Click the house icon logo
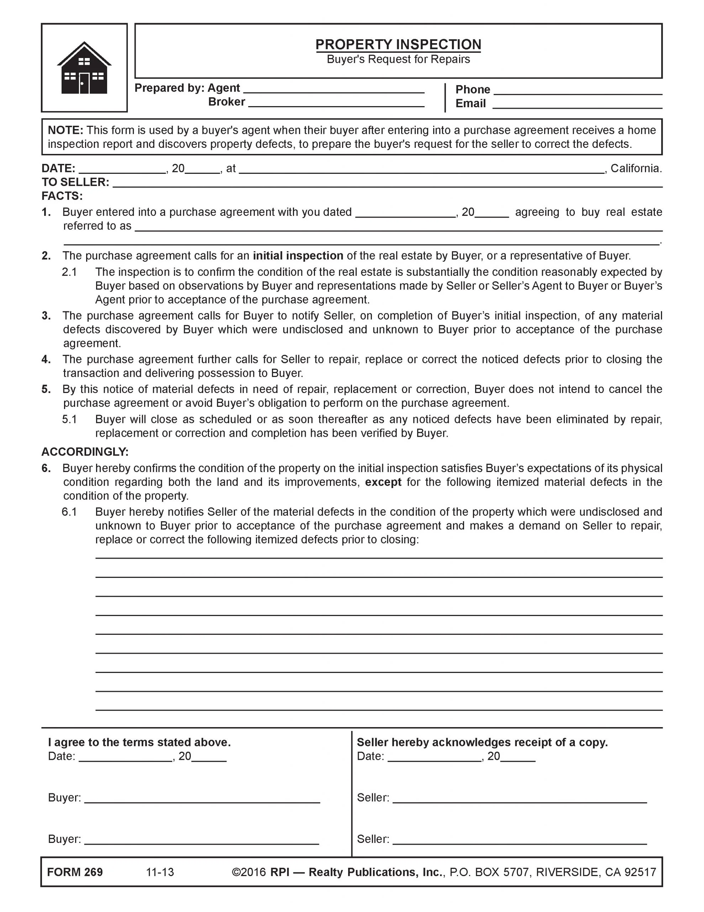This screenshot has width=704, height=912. coord(84,68)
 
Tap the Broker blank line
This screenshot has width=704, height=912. coord(336,105)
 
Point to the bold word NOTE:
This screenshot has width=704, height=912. coord(65,130)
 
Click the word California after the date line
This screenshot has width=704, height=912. coord(636,168)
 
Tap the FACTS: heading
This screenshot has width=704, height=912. coord(62,196)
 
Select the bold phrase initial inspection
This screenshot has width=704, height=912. coord(298,255)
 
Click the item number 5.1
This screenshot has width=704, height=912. coord(69,419)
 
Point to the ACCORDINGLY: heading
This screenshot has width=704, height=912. coord(85,452)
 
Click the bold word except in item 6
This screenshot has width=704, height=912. coord(383,482)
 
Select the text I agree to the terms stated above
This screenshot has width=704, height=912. coord(140,742)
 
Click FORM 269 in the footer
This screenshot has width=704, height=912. coord(75,872)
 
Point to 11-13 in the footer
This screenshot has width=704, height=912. coord(160,872)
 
